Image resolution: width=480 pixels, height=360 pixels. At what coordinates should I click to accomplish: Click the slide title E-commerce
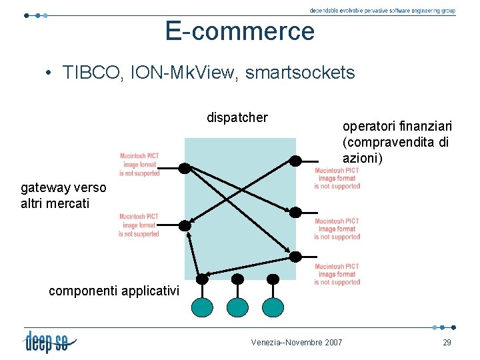coord(240,31)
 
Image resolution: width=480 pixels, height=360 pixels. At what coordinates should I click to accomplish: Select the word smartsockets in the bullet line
coord(300,73)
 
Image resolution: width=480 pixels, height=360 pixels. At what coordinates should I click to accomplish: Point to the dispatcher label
coord(237,118)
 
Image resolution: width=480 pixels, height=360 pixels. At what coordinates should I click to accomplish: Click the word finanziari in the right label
coord(420,126)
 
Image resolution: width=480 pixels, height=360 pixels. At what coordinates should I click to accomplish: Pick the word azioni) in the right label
coord(361,157)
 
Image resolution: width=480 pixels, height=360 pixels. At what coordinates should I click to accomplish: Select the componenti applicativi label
coord(114,290)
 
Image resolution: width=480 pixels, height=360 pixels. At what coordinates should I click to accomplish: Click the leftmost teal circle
coord(203,306)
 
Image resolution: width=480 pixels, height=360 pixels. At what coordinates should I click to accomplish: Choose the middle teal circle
coord(237,306)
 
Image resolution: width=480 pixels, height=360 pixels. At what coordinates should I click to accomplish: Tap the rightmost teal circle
coord(273,306)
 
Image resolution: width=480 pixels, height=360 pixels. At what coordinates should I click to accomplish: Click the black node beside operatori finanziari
coord(295,161)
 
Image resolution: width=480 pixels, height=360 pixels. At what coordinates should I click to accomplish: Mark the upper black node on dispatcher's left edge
coord(185,167)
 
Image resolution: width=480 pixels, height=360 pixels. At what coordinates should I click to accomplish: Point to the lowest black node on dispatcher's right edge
coord(295,257)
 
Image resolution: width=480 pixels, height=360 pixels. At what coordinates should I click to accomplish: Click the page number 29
coord(447,342)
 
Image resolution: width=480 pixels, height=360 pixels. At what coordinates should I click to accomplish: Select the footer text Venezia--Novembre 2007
coord(297,342)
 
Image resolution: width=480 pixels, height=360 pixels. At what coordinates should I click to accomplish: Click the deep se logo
coord(51,341)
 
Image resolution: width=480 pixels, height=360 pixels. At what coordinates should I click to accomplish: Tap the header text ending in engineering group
coord(382,11)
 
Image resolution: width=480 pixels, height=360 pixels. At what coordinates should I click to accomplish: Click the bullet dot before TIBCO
coord(50,73)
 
